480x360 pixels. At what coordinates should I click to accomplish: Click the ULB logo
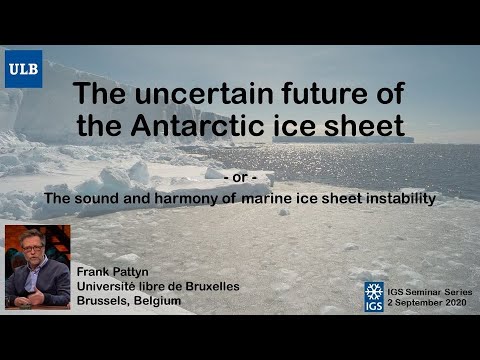[24, 69]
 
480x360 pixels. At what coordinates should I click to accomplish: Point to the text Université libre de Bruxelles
[157, 286]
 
